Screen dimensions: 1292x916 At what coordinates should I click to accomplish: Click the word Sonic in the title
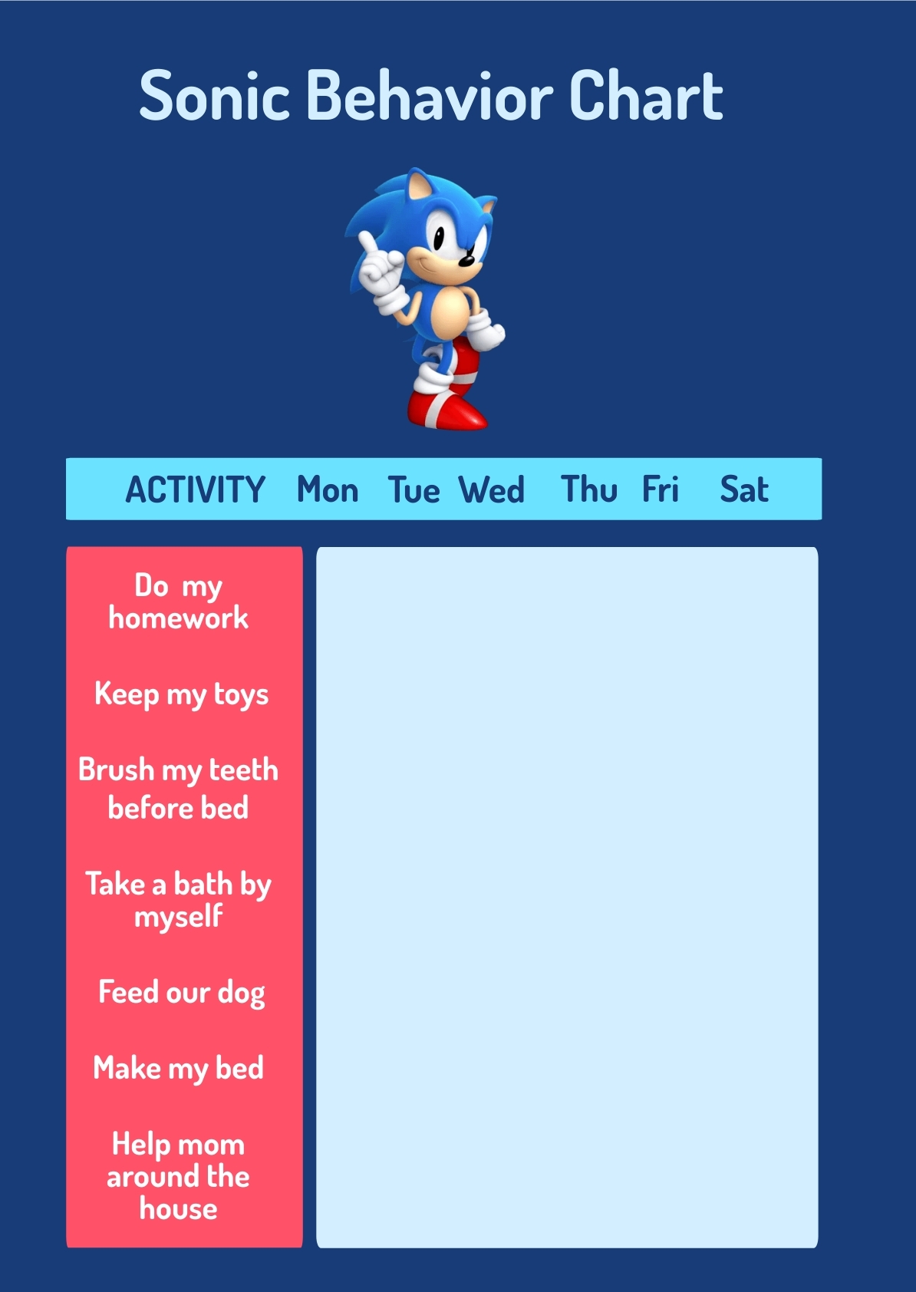[214, 96]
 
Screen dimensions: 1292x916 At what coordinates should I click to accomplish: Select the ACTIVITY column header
[195, 489]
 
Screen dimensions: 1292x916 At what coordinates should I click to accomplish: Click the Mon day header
[328, 489]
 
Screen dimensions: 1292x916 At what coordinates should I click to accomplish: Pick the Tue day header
[414, 489]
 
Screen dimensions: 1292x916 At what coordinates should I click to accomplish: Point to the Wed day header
[492, 489]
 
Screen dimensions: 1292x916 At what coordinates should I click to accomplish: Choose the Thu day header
[588, 489]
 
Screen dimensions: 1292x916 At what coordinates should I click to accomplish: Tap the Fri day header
[660, 489]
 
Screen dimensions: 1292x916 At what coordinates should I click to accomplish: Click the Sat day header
[743, 489]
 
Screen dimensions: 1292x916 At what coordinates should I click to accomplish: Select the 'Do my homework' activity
[179, 602]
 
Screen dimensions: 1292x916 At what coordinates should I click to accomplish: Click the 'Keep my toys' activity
[182, 694]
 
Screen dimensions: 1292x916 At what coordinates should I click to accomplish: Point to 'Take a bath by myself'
[179, 900]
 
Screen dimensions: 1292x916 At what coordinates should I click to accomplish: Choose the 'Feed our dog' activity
[182, 993]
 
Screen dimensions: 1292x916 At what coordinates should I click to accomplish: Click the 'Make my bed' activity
[179, 1069]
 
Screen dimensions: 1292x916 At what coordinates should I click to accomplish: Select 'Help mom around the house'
[179, 1176]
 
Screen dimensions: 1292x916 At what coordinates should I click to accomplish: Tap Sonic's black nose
[466, 262]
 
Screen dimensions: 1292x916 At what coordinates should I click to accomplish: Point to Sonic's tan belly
[450, 312]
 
